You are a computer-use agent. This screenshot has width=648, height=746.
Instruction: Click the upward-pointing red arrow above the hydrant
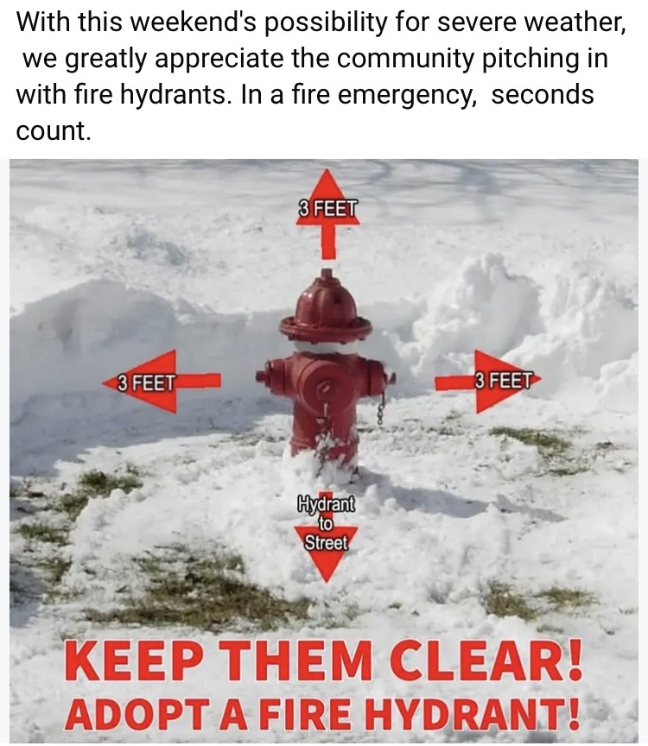pyautogui.click(x=327, y=214)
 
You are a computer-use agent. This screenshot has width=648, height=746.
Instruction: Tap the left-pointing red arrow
pyautogui.click(x=162, y=381)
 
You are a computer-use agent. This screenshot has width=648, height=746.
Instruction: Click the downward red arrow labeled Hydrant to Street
pyautogui.click(x=326, y=538)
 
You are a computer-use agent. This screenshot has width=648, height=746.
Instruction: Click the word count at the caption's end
pyautogui.click(x=53, y=131)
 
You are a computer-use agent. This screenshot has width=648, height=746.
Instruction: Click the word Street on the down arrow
pyautogui.click(x=326, y=542)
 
